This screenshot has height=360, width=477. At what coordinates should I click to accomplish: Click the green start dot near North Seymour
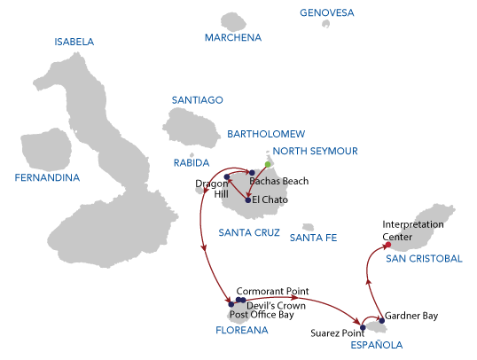(268, 164)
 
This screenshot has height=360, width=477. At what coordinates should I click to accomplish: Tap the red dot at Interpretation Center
(387, 245)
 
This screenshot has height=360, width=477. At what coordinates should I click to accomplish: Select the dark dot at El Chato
(248, 200)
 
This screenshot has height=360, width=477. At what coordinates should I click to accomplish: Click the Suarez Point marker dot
(363, 328)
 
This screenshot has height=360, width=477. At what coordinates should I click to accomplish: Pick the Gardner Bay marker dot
(382, 320)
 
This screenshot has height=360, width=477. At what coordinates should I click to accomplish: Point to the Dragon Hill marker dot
(227, 176)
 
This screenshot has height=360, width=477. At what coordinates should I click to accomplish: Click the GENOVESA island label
(327, 12)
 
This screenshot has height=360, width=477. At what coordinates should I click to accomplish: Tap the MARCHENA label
(233, 37)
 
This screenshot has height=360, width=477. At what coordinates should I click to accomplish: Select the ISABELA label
(74, 42)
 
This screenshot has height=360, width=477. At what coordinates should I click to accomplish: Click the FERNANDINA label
(47, 177)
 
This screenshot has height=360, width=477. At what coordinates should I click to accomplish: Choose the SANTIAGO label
(198, 100)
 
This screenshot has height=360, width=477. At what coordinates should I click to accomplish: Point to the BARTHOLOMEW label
(266, 134)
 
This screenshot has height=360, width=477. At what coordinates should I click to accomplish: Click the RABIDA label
(192, 163)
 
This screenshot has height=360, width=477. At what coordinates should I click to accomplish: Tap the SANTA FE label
(313, 238)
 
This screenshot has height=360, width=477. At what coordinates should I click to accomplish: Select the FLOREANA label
(242, 330)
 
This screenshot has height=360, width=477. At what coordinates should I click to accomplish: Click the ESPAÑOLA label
(377, 345)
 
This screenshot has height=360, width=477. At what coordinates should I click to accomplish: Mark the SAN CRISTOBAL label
(424, 259)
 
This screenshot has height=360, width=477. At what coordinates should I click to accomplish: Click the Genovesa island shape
(326, 23)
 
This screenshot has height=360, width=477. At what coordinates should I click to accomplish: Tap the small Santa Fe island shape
(309, 227)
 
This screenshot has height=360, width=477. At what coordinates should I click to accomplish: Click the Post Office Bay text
(262, 315)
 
